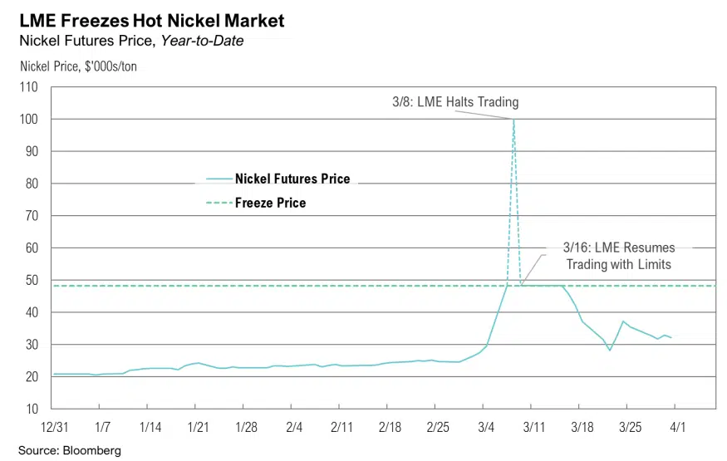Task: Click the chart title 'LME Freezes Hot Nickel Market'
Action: point(151,20)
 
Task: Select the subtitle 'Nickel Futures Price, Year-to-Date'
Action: point(131,41)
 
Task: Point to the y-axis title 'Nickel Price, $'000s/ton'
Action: point(77,66)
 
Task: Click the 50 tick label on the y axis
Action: point(32,280)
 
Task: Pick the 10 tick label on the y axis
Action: point(32,409)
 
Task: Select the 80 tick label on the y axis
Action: point(32,184)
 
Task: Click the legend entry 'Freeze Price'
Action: point(270,203)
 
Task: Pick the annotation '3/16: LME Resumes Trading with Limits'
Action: point(619,256)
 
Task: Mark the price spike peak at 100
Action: point(513,120)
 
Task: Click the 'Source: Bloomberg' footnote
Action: point(70,450)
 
